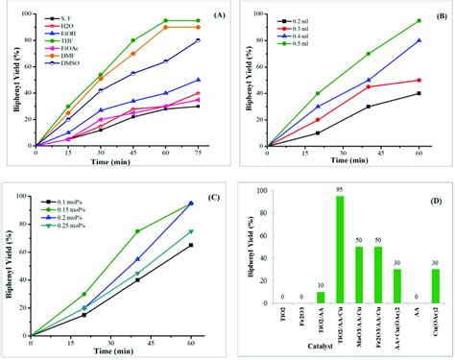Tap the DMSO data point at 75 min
pyautogui.click(x=198, y=40)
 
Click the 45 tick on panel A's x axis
pyautogui.click(x=132, y=152)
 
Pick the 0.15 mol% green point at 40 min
pyautogui.click(x=137, y=231)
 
